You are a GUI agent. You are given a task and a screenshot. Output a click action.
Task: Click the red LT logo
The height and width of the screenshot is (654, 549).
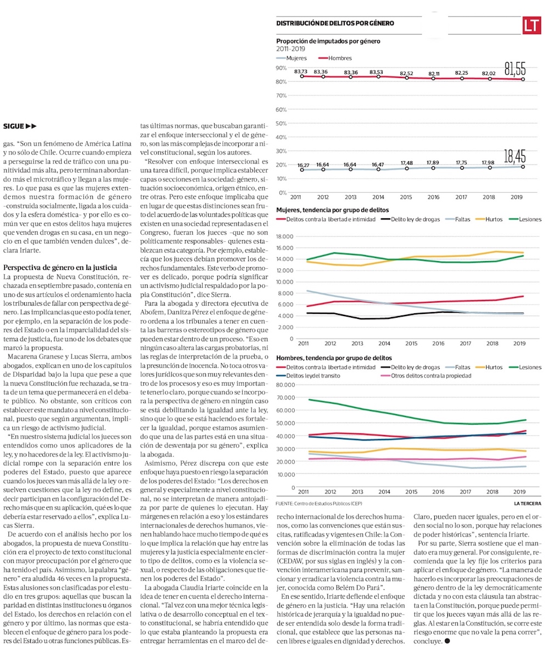pyautogui.click(x=531, y=25)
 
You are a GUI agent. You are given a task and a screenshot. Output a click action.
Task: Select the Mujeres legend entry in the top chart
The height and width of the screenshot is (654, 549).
pyautogui.click(x=292, y=58)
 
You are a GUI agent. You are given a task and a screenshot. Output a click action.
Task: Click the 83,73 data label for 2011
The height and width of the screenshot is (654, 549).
pyautogui.click(x=300, y=72)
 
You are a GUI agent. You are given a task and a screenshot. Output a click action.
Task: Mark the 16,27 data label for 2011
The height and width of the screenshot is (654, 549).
pyautogui.click(x=303, y=165)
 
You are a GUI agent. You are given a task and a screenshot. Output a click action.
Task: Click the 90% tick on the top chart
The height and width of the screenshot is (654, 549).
pyautogui.click(x=282, y=68)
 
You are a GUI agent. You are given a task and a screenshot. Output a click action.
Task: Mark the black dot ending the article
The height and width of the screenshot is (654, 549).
pyautogui.click(x=447, y=641)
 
